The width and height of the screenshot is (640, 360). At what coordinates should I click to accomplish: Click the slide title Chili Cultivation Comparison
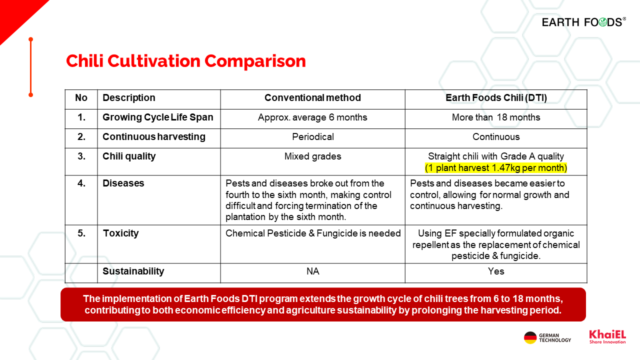point(185,61)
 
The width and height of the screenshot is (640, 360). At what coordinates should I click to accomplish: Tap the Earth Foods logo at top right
point(583,22)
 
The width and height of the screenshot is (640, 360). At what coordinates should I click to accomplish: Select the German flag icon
point(530,337)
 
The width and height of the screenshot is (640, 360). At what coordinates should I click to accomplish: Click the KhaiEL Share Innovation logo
point(607,336)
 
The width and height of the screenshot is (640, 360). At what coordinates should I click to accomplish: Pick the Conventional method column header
point(312,98)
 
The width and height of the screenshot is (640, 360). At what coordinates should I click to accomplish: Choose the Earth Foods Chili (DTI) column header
point(496,98)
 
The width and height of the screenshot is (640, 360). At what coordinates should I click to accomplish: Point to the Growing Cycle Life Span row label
point(158,117)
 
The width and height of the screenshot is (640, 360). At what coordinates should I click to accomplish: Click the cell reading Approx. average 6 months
point(312,117)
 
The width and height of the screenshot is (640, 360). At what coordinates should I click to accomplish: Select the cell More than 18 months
point(496,117)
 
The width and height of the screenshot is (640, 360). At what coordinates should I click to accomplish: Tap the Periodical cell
point(312,137)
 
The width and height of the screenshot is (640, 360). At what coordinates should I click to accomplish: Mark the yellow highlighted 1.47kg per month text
point(496,168)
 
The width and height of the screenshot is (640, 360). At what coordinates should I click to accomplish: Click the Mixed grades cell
point(312,156)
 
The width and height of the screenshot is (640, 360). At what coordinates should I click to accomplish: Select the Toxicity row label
point(120,233)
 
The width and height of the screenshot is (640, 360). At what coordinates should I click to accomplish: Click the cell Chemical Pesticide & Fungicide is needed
point(313,233)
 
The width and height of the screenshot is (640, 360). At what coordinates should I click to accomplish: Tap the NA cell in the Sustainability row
point(312,271)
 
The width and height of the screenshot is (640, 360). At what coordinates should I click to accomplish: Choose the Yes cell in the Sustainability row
point(496,271)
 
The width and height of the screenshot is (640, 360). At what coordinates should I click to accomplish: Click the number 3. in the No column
point(81,156)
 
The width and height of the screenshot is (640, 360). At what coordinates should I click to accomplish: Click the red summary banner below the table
point(323,304)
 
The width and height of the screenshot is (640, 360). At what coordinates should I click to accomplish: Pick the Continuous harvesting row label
point(154,137)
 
